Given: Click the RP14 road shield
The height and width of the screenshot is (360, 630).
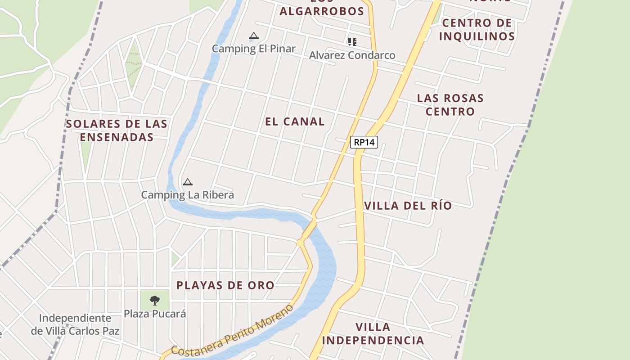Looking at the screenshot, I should [364, 142].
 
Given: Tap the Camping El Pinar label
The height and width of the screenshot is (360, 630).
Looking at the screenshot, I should [253, 49].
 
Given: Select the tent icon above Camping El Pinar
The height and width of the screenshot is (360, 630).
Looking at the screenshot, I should [254, 36].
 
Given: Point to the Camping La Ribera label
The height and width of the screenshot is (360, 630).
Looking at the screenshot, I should [187, 195].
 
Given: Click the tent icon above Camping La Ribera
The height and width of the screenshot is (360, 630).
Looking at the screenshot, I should [188, 182].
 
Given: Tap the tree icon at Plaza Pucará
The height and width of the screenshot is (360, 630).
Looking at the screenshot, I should [155, 300].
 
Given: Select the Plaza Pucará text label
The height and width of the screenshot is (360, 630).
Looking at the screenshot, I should [155, 314].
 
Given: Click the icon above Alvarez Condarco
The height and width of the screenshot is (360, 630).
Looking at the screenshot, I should [352, 42].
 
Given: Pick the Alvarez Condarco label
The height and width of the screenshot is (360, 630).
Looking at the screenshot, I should [352, 55].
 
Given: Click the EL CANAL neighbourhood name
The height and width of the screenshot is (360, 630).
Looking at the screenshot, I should [295, 121].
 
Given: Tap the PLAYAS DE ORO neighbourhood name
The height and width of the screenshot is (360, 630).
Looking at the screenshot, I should [225, 285].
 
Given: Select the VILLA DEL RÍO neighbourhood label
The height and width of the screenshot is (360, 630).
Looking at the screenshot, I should [408, 206].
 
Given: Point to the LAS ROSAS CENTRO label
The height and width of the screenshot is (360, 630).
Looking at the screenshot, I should [450, 104].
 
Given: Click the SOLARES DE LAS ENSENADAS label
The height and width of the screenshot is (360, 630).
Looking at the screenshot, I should [117, 130].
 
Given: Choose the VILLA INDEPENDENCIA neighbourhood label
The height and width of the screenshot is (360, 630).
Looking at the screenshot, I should [373, 333].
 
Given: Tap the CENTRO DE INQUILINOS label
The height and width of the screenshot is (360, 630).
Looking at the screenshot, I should [477, 29].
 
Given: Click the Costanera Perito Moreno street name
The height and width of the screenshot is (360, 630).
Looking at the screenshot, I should [233, 331].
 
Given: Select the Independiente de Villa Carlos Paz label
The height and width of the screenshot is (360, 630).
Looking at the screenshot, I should [75, 324].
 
